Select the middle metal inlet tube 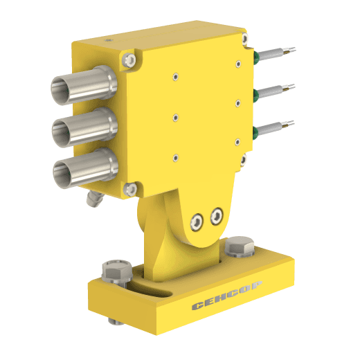coord(84,127)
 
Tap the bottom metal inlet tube coord(85,168)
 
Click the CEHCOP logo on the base coord(227,296)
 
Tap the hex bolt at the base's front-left coord(117,272)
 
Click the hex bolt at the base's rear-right coord(240,246)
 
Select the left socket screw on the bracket coord(197,222)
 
